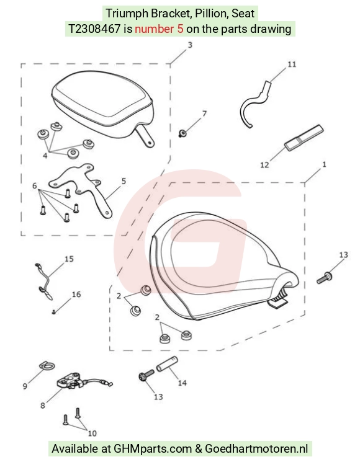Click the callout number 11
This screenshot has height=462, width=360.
292,64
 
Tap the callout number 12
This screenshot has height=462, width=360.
264,165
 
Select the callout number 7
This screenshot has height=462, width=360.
204,113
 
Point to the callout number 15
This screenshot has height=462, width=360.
69,259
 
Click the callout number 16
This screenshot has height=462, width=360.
76,295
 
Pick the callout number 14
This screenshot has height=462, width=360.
182,383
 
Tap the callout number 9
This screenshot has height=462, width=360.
25,386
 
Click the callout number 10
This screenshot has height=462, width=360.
92,433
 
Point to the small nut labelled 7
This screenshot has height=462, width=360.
182,133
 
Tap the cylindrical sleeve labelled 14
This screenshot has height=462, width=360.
167,364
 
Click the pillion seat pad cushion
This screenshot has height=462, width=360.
102,103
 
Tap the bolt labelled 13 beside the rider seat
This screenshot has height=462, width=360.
324,278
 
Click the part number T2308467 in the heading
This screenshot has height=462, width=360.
94,29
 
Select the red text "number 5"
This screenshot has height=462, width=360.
159,29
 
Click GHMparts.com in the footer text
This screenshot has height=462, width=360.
153,449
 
